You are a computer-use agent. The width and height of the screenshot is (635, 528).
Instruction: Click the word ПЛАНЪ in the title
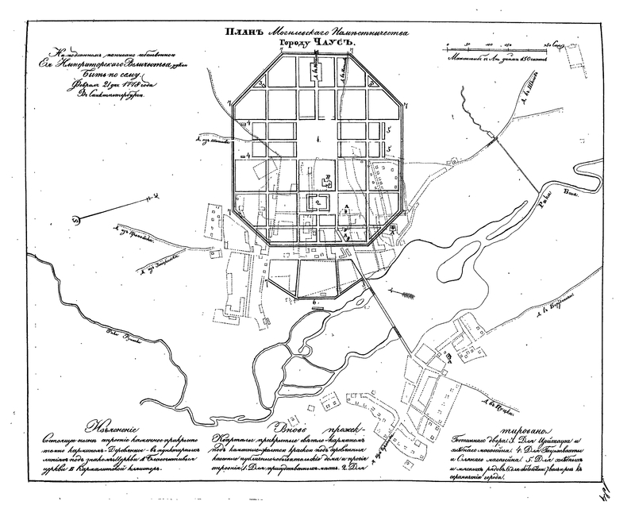[x=244, y=33]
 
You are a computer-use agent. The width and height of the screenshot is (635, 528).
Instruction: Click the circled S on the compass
[x=76, y=220]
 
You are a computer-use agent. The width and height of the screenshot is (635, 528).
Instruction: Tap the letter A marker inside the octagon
[x=346, y=206]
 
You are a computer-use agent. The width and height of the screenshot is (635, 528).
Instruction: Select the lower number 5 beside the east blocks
[x=390, y=148]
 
